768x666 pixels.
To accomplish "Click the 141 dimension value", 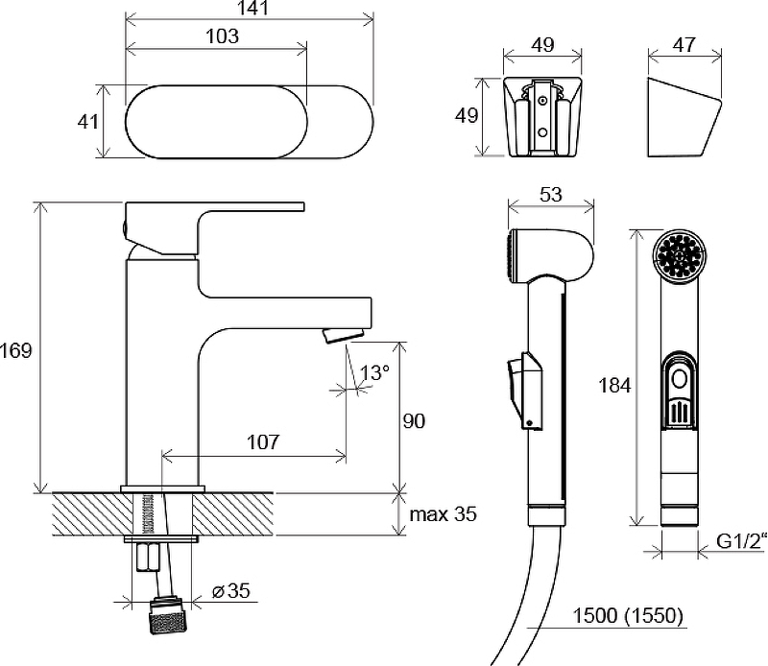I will [x=249, y=9].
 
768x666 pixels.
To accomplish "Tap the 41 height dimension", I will [x=88, y=121].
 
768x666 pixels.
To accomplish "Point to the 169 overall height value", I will [x=16, y=350].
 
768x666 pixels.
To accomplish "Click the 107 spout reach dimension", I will [x=262, y=441].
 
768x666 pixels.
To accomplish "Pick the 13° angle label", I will [x=375, y=372].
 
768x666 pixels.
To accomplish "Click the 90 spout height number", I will [x=415, y=420].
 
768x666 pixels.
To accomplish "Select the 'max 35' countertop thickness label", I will [x=443, y=514].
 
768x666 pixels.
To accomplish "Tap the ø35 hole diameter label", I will [x=230, y=592].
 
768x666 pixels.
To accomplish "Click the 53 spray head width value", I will [x=550, y=196].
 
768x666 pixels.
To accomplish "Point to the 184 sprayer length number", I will [x=614, y=386].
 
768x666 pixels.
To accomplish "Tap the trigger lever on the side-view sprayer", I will [x=517, y=383].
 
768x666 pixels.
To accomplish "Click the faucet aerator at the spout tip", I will [x=343, y=335].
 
